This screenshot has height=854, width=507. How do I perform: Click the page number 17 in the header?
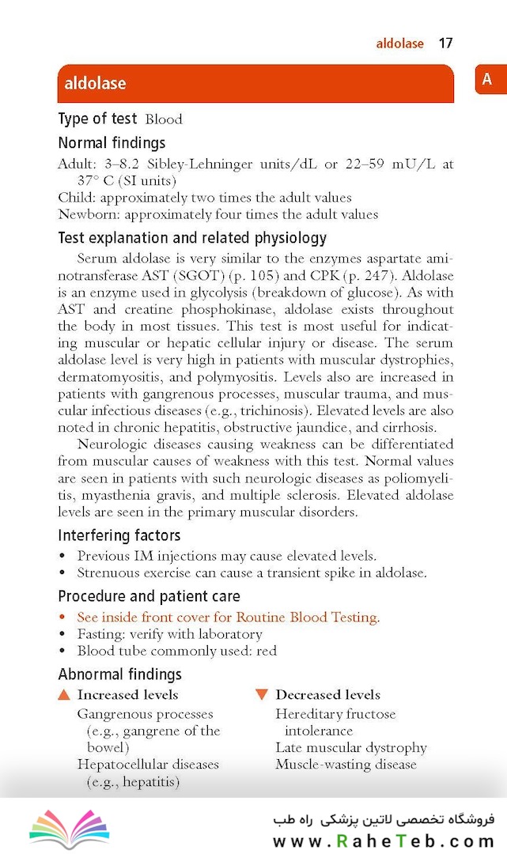(x=445, y=43)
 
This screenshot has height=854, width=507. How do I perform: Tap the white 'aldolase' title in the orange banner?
(x=95, y=83)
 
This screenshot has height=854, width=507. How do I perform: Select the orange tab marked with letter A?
(x=487, y=79)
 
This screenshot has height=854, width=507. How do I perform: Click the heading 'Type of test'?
(x=97, y=119)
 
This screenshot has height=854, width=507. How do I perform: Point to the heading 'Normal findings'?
(x=112, y=143)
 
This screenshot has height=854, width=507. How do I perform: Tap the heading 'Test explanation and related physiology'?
(x=192, y=238)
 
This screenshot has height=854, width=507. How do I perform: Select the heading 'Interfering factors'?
(x=119, y=535)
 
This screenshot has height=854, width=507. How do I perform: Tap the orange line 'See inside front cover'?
(x=228, y=617)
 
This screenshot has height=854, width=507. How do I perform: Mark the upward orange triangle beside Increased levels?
(x=65, y=695)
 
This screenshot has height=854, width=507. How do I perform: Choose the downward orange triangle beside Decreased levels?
(x=262, y=695)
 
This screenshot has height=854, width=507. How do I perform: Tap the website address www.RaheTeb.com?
(x=384, y=841)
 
